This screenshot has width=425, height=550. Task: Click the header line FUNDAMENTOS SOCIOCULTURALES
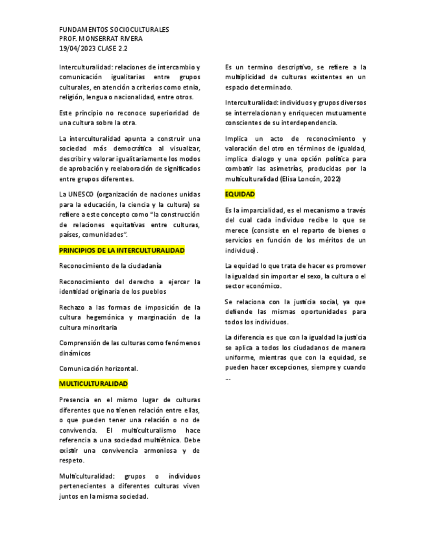coord(114,30)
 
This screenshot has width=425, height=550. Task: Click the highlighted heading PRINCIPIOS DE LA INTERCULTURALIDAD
coord(122,250)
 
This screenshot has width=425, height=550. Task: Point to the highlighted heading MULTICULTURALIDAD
coord(93,384)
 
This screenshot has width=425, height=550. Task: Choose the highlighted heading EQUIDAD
coord(240,194)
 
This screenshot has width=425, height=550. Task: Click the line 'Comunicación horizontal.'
coord(98,368)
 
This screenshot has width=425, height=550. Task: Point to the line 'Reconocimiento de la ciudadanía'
coord(110,266)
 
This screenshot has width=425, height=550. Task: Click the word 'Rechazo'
coord(72,307)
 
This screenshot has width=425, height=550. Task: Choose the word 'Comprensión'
coord(81,342)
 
